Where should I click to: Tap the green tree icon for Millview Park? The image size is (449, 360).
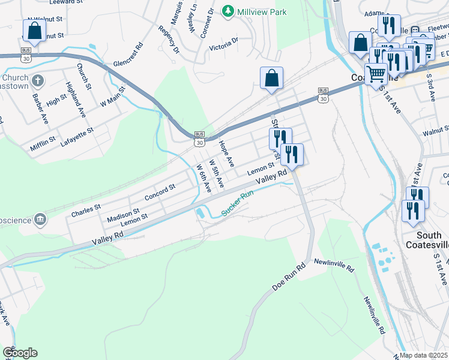[x=228, y=11]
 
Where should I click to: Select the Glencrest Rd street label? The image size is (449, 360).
[x=128, y=55]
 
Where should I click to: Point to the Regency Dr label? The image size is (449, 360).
[x=169, y=40]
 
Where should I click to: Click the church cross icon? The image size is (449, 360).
[x=37, y=80]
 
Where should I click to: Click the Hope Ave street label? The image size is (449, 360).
[x=226, y=154]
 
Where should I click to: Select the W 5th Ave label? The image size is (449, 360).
[x=215, y=173]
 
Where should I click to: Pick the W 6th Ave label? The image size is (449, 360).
[x=203, y=178]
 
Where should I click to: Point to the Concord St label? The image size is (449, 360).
[x=160, y=192]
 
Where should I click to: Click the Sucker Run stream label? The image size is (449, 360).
[x=238, y=203]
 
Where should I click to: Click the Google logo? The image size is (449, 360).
[x=19, y=353]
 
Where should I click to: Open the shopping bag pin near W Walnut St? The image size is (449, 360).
[x=35, y=31]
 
